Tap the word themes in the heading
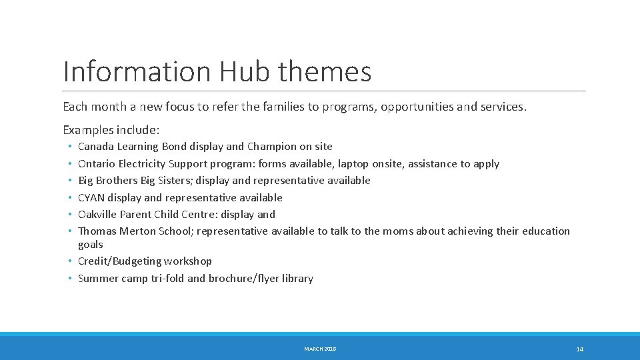pyautogui.click(x=325, y=71)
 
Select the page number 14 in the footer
pyautogui.click(x=579, y=349)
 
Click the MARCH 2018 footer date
pyautogui.click(x=320, y=349)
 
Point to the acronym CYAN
pyautogui.click(x=91, y=197)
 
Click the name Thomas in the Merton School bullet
pyautogui.click(x=97, y=231)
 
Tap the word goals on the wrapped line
pyautogui.click(x=91, y=245)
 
